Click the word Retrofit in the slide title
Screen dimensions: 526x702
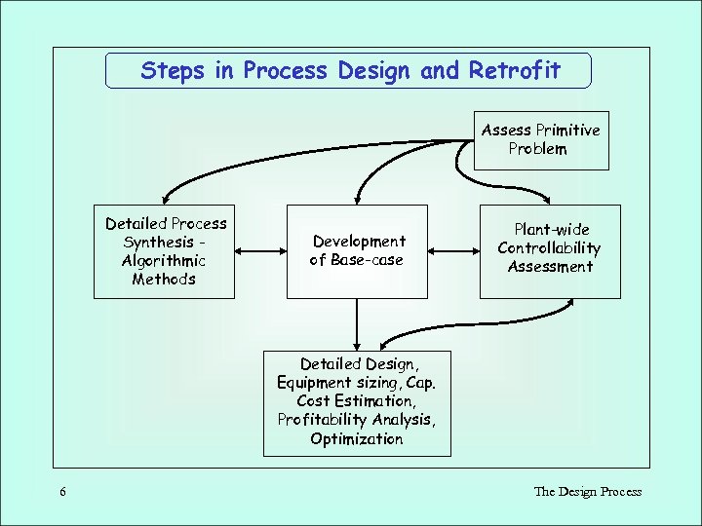click(515, 70)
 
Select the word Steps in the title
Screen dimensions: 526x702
click(170, 70)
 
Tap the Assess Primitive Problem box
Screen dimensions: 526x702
click(541, 140)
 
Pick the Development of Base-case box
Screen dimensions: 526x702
click(358, 250)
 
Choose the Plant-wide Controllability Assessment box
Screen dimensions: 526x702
click(550, 249)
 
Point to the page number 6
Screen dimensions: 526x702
click(62, 492)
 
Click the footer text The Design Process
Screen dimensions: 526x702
click(587, 492)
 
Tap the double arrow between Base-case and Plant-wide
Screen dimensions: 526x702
click(453, 251)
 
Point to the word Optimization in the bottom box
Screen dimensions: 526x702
click(357, 439)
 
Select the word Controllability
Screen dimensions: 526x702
click(550, 248)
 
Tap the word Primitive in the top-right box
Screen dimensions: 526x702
click(567, 131)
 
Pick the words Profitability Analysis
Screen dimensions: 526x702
click(357, 420)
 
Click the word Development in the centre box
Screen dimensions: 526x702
click(359, 241)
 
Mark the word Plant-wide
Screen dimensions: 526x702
click(552, 230)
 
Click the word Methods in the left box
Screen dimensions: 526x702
click(164, 280)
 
